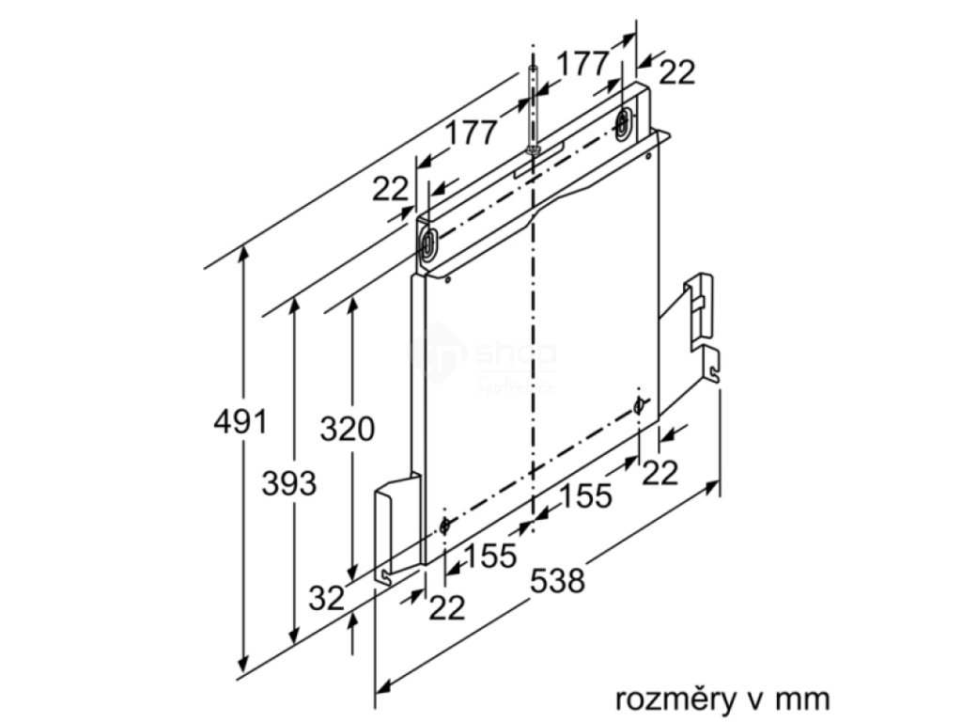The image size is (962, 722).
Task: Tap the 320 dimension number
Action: coord(347,429)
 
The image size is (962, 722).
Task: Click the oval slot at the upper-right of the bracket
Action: coord(624,122)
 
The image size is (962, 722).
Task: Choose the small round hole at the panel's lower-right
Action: coord(639,405)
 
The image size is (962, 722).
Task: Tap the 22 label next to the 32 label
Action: coord(447,608)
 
